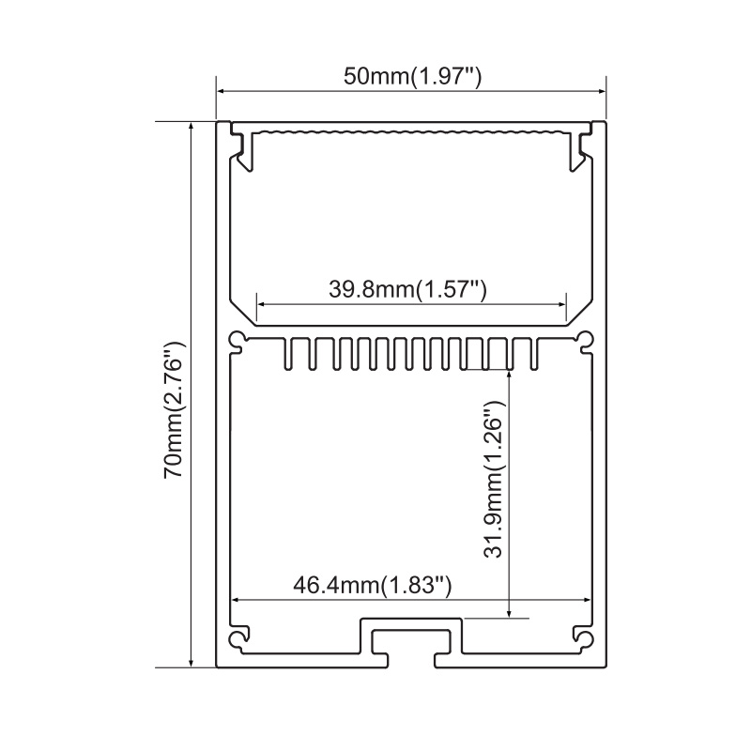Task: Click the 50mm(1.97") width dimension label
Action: pos(412,77)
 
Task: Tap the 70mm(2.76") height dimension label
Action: pos(174,410)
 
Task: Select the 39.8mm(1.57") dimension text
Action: pos(407,289)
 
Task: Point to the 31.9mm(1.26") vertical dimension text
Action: pos(494,479)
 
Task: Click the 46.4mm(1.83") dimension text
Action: pos(373,585)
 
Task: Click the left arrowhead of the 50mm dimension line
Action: pos(221,91)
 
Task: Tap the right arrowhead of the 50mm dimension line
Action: pos(602,91)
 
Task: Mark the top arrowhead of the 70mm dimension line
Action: pos(192,126)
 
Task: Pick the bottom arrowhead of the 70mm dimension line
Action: pos(192,663)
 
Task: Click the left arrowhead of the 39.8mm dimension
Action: pos(261,303)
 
